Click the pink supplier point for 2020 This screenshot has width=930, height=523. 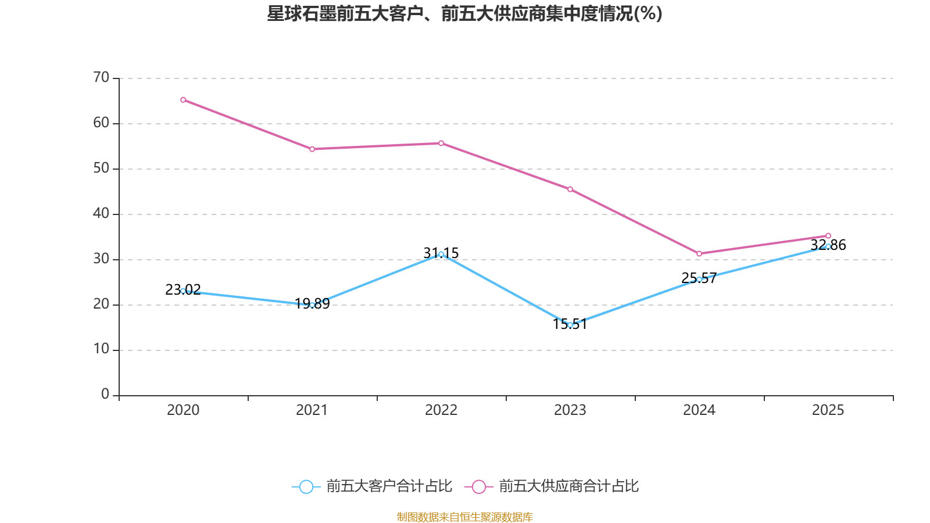point(183,100)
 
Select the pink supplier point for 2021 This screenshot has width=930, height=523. point(312,149)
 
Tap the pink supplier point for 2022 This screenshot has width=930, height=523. point(441,144)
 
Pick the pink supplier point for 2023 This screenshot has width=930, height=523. point(570,189)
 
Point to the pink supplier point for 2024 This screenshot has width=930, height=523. point(699,254)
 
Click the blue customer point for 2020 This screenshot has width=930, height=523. point(183,291)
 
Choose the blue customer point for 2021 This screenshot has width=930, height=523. point(312,305)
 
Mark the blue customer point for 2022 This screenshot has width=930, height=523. point(441,255)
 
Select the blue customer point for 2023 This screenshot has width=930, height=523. point(570,325)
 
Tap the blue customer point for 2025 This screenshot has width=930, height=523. point(828,246)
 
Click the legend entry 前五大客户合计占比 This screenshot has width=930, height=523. point(372,486)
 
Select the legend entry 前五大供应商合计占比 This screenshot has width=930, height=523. point(552,486)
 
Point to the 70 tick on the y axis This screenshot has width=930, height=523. point(101,78)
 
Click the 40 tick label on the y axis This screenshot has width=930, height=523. point(101,214)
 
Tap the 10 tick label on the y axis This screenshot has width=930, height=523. point(101,350)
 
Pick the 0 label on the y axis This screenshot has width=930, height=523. point(105,395)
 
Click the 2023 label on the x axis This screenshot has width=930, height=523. point(570,410)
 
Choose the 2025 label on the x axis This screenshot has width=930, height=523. point(828,410)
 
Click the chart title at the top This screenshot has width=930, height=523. point(464,14)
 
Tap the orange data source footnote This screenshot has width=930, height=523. point(464,517)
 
